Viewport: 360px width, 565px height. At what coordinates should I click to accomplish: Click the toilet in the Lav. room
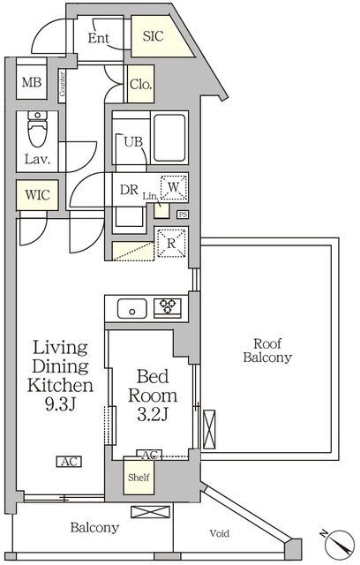tap(37, 128)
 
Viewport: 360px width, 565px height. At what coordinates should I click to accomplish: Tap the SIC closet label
tap(153, 36)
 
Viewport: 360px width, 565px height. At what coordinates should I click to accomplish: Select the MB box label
tap(32, 82)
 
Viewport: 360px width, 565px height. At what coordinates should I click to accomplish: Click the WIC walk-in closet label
tap(37, 195)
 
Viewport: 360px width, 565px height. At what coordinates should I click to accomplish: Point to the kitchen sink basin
tap(131, 308)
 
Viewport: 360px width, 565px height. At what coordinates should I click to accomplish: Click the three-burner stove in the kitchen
tap(168, 307)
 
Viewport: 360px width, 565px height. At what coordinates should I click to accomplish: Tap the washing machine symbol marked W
tap(174, 187)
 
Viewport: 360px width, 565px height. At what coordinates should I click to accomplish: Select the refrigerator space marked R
tap(171, 244)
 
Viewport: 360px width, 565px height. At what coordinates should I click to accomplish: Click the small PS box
tap(183, 215)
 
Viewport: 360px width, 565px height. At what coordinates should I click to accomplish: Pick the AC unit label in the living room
tap(69, 462)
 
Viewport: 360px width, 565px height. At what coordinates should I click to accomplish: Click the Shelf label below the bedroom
tap(139, 478)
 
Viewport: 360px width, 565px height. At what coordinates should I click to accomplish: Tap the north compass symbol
tap(337, 542)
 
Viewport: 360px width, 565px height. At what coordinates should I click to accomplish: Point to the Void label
tap(220, 533)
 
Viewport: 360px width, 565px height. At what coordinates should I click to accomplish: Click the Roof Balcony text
tap(267, 350)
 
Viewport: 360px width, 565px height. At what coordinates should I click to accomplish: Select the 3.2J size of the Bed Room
tap(153, 414)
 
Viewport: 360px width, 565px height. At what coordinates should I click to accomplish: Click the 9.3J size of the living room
tap(60, 404)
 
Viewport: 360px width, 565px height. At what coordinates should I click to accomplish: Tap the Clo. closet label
tap(141, 85)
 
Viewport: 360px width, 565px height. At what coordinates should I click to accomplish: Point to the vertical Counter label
tap(63, 84)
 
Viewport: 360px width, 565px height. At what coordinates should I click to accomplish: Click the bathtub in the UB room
tap(169, 138)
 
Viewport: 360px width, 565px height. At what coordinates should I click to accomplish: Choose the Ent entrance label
tap(99, 38)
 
